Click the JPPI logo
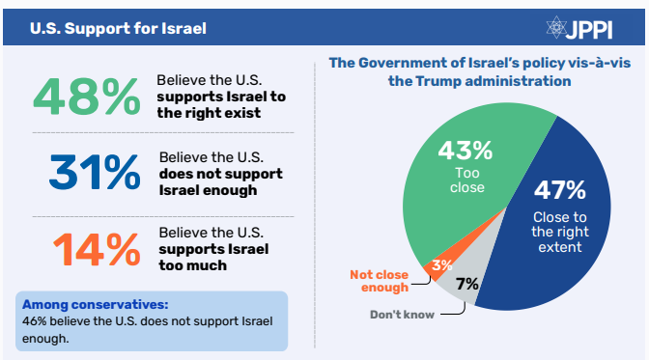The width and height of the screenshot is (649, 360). click(579, 28)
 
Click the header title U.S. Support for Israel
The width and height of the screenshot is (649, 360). click(118, 29)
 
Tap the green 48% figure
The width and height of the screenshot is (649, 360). click(87, 97)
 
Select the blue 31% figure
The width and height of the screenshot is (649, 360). click(95, 172)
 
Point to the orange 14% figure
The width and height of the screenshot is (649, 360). click(97, 249)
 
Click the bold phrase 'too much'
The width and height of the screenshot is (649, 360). click(193, 265)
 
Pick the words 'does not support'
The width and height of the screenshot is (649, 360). click(221, 174)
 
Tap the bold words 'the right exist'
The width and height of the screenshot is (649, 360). click(209, 113)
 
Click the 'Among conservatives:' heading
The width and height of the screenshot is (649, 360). click(96, 305)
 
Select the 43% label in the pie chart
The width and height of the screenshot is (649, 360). click(466, 151)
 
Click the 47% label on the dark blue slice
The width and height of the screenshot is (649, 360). click(560, 190)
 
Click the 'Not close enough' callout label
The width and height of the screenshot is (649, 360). click(380, 281)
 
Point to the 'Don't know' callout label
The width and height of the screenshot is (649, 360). click(403, 315)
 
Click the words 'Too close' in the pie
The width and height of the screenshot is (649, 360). click(467, 180)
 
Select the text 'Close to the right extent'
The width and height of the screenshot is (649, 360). click(560, 232)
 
